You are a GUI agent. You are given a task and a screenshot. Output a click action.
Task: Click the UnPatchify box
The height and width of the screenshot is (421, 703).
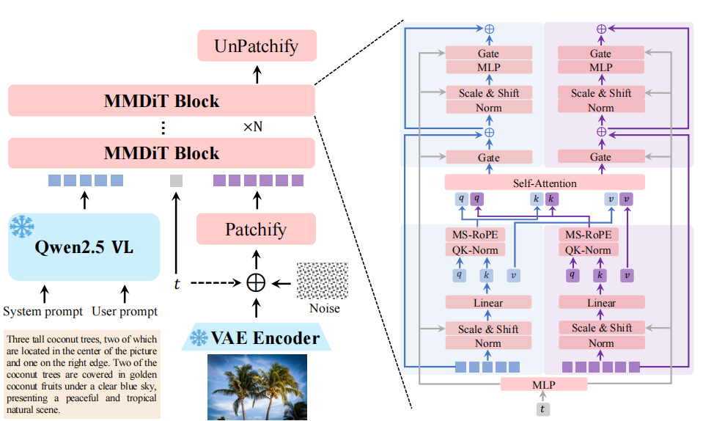pyautogui.click(x=257, y=45)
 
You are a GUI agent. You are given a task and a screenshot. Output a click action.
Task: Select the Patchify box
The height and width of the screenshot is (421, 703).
pyautogui.click(x=256, y=229)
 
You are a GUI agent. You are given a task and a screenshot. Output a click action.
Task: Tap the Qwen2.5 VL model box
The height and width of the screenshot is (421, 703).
pyautogui.click(x=84, y=246)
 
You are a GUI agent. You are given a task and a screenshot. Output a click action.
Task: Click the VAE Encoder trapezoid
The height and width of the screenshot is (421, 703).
pyautogui.click(x=256, y=337)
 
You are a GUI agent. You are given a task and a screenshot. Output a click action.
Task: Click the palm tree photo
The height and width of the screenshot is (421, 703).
pyautogui.click(x=256, y=387)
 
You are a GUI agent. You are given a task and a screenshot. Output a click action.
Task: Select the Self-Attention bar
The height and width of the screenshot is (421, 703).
pyautogui.click(x=544, y=183)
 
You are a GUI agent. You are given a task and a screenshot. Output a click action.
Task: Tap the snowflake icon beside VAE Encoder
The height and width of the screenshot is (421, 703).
pyautogui.click(x=199, y=337)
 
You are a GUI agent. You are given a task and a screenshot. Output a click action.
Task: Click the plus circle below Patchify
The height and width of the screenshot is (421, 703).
pyautogui.click(x=257, y=282)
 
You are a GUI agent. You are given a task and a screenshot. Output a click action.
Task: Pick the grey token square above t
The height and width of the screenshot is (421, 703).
pyautogui.click(x=176, y=180)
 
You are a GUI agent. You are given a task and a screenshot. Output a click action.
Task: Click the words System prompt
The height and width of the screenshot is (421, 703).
pyautogui.click(x=43, y=311)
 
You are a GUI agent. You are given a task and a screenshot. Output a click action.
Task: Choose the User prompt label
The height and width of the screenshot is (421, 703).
pyautogui.click(x=125, y=311)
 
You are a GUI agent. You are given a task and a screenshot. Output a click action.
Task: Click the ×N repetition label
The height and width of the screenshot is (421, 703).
pyautogui.click(x=253, y=126)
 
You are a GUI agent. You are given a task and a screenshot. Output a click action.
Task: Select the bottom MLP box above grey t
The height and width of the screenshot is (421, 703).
pyautogui.click(x=544, y=384)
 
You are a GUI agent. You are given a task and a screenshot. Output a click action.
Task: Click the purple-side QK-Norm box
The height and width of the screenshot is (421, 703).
pyautogui.click(x=601, y=250)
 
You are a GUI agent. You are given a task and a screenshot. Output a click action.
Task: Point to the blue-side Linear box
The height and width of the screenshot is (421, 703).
pyautogui.click(x=488, y=302)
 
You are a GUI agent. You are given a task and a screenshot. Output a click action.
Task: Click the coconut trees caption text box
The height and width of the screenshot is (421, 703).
pyautogui.click(x=81, y=375)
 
